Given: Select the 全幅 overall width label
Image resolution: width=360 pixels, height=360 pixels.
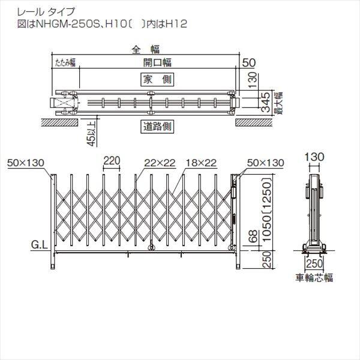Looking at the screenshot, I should coord(140,50).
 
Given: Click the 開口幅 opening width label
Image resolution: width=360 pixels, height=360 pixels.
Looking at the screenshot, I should coord(157,62).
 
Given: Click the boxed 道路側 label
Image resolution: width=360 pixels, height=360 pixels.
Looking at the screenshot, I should coord(157,127).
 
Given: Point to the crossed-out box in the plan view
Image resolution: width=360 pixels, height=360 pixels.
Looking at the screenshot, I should coord(63,103).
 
